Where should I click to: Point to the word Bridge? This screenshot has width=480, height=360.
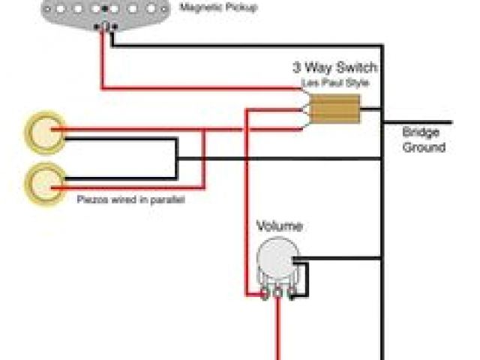coord(420,132)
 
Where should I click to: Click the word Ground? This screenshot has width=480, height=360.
coord(424,147)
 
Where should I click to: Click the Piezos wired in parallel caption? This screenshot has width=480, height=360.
coord(130,201)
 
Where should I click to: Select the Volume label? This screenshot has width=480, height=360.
coord(280,226)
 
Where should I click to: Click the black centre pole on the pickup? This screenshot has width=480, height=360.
coord(105,9)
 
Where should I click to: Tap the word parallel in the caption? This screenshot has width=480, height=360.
coord(170,201)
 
